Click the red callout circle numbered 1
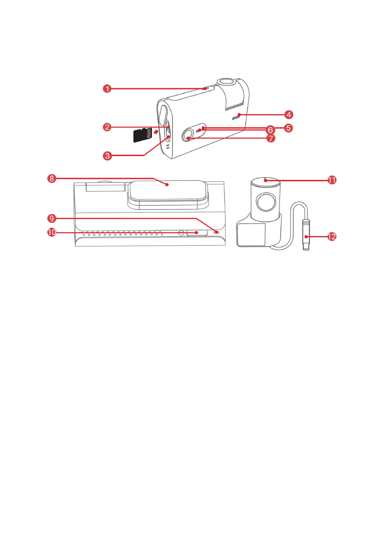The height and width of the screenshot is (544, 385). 107,89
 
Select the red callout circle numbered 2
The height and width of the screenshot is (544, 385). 107,127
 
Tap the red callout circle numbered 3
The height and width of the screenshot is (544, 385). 107,156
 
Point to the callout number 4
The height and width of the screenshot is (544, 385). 289,115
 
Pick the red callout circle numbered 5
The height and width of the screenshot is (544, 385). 288,128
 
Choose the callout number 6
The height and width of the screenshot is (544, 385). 270,130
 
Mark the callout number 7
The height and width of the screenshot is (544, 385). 271,139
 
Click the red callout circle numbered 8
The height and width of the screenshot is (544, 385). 52,179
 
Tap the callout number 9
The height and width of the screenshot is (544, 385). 52,219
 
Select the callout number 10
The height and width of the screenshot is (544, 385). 52,232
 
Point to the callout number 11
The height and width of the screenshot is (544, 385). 332,180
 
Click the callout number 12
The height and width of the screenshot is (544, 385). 332,237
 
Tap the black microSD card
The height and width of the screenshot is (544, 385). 143,135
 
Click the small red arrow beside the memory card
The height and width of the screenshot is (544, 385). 156,132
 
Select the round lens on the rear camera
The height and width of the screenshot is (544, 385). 266,202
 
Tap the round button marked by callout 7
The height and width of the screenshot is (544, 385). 187,135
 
